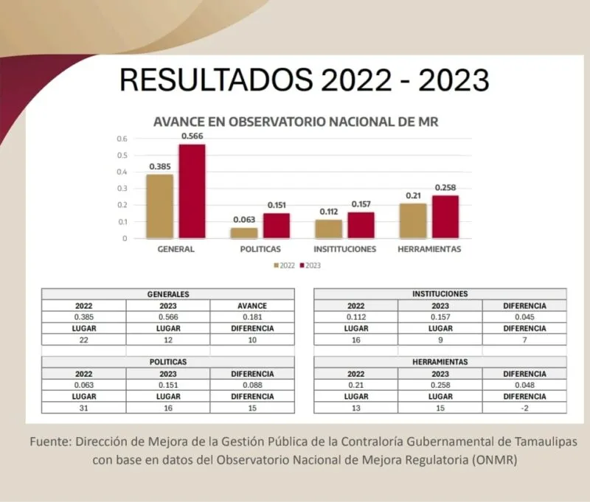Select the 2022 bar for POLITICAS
pos(244,233)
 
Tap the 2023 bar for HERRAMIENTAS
pos(445,217)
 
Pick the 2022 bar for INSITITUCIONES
pos(328,229)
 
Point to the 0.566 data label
pos(192,136)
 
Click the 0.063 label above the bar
pos(244,220)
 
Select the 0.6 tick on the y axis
pos(122,139)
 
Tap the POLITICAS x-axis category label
pos(260,249)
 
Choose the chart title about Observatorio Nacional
pos(295,122)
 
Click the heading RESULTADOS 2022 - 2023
pos(304,80)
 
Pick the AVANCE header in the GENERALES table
pos(252,305)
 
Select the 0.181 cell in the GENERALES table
pos(252,317)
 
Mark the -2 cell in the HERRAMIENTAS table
pos(524,408)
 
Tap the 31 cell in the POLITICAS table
pos(83,408)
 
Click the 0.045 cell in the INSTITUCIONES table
pos(524,317)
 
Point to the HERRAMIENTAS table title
pos(440,362)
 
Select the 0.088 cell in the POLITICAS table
pos(252,385)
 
